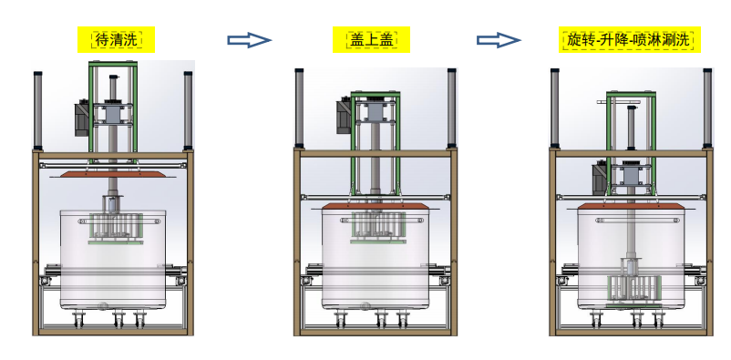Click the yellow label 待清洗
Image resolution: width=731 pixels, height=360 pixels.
[x=116, y=39]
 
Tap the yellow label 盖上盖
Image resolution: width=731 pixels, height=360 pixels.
[x=371, y=39]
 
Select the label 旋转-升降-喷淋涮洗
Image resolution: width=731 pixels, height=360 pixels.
[x=629, y=39]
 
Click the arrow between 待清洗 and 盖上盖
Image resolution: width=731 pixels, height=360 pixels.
[x=249, y=39]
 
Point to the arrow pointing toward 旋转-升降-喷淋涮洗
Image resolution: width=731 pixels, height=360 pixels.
[x=499, y=39]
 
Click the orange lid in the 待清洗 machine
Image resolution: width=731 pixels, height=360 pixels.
[x=112, y=174]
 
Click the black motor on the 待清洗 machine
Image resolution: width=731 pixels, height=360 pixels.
[x=82, y=118]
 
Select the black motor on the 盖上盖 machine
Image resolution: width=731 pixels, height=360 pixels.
[x=344, y=115]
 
